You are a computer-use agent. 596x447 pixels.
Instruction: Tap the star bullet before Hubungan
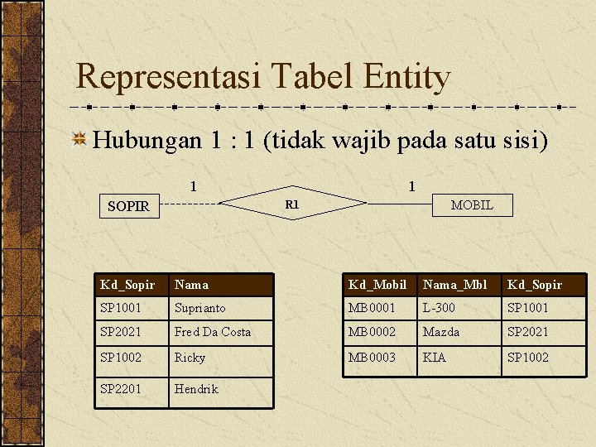[80, 139]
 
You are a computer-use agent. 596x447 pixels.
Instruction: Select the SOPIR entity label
[128, 206]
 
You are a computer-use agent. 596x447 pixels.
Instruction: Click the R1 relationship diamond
[291, 204]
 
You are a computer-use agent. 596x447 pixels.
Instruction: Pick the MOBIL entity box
[472, 204]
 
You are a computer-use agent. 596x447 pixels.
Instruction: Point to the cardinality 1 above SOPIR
[193, 186]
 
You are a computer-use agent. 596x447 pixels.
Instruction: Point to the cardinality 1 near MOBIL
[411, 186]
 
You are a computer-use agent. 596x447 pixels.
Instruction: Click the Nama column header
[192, 285]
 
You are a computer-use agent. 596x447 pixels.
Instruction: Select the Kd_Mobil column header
[377, 285]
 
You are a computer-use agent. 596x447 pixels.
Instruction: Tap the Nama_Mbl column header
[454, 285]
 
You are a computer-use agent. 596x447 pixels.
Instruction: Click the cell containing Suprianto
[199, 308]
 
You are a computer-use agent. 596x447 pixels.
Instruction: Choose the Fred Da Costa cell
[212, 332]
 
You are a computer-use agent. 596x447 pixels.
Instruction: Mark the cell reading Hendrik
[196, 388]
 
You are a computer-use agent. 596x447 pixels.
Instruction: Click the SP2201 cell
[121, 388]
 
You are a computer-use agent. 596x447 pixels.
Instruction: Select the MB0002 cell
[371, 332]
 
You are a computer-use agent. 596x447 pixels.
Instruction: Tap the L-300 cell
[440, 308]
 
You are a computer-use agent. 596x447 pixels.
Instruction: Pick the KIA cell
[434, 357]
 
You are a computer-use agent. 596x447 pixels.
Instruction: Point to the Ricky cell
[190, 357]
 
